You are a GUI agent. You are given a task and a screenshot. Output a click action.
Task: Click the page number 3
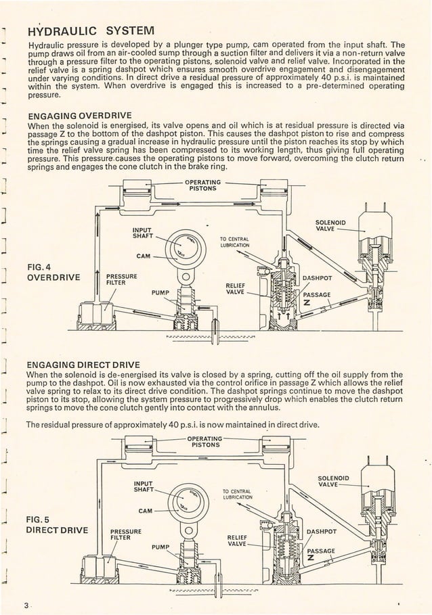coord(24,605)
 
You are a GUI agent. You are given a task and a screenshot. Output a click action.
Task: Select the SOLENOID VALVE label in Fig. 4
coord(331,225)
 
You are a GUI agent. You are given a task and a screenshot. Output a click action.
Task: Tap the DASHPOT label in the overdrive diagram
coord(317,277)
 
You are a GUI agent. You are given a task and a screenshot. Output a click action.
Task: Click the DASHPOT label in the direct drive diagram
coord(322,530)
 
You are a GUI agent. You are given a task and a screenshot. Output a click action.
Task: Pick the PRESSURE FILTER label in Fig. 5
coord(125,535)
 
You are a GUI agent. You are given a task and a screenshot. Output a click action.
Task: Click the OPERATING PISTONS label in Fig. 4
coord(202,185)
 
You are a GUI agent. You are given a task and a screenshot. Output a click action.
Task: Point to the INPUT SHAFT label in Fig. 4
coord(144,232)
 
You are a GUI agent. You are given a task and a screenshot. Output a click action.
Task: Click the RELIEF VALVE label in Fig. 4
coord(234,290)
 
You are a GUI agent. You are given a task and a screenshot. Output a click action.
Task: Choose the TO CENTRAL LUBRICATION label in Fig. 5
coord(236,497)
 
